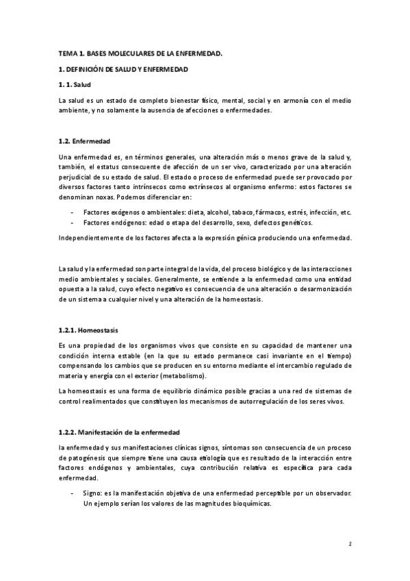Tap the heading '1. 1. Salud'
click(x=74, y=84)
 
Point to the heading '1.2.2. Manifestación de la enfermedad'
click(x=119, y=432)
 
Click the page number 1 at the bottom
click(x=349, y=544)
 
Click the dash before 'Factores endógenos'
click(x=72, y=223)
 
